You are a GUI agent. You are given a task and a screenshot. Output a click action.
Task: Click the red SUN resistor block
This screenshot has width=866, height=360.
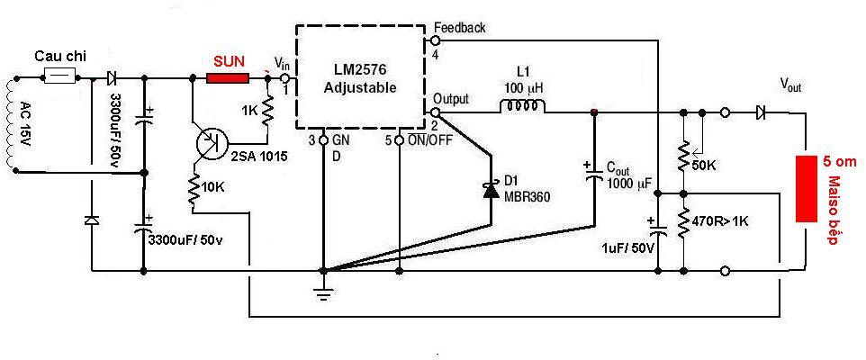(x=228, y=78)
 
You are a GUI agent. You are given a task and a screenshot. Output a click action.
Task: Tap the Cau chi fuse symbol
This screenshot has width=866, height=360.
(x=59, y=76)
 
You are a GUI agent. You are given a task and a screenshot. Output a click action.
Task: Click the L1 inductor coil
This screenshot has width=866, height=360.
(x=522, y=105)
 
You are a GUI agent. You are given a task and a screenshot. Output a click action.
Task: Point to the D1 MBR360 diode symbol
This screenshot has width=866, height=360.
(x=491, y=189)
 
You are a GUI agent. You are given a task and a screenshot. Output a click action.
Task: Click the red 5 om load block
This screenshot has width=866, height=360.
(x=806, y=189)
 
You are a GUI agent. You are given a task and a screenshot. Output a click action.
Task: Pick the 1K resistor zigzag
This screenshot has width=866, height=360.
(x=268, y=111)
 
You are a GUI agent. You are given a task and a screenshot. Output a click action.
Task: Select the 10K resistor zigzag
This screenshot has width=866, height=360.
(x=193, y=188)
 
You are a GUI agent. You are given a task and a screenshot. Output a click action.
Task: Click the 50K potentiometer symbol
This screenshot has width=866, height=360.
(x=685, y=157)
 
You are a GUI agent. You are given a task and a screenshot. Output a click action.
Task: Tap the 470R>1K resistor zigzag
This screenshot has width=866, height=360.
(x=684, y=223)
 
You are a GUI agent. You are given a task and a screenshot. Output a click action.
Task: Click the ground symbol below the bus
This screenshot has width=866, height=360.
(x=324, y=292)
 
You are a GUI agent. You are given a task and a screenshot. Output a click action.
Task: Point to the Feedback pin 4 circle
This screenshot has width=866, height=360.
(x=435, y=40)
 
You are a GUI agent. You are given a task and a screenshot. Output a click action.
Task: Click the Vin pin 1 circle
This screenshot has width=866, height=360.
(x=285, y=78)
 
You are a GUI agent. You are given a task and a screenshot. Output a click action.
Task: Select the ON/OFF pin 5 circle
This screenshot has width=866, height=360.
(x=399, y=140)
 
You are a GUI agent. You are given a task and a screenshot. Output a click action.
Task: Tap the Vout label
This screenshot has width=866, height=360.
(x=790, y=85)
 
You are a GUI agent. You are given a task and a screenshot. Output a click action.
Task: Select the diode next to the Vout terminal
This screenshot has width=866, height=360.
(x=761, y=113)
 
